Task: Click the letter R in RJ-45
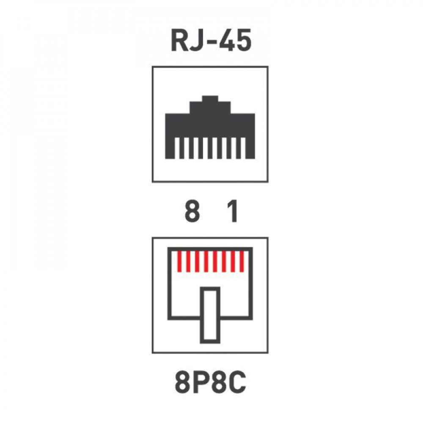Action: click(x=180, y=41)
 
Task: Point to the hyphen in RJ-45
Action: click(x=211, y=42)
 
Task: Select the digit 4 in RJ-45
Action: click(x=226, y=41)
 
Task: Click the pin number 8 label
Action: click(x=192, y=211)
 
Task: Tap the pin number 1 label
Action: click(x=232, y=211)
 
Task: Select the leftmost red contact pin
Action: click(x=180, y=261)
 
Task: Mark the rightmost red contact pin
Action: click(x=242, y=261)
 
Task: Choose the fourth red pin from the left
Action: click(x=206, y=261)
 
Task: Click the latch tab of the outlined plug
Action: click(x=210, y=315)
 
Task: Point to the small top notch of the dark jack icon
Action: click(x=210, y=99)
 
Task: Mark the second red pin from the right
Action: click(x=233, y=261)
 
